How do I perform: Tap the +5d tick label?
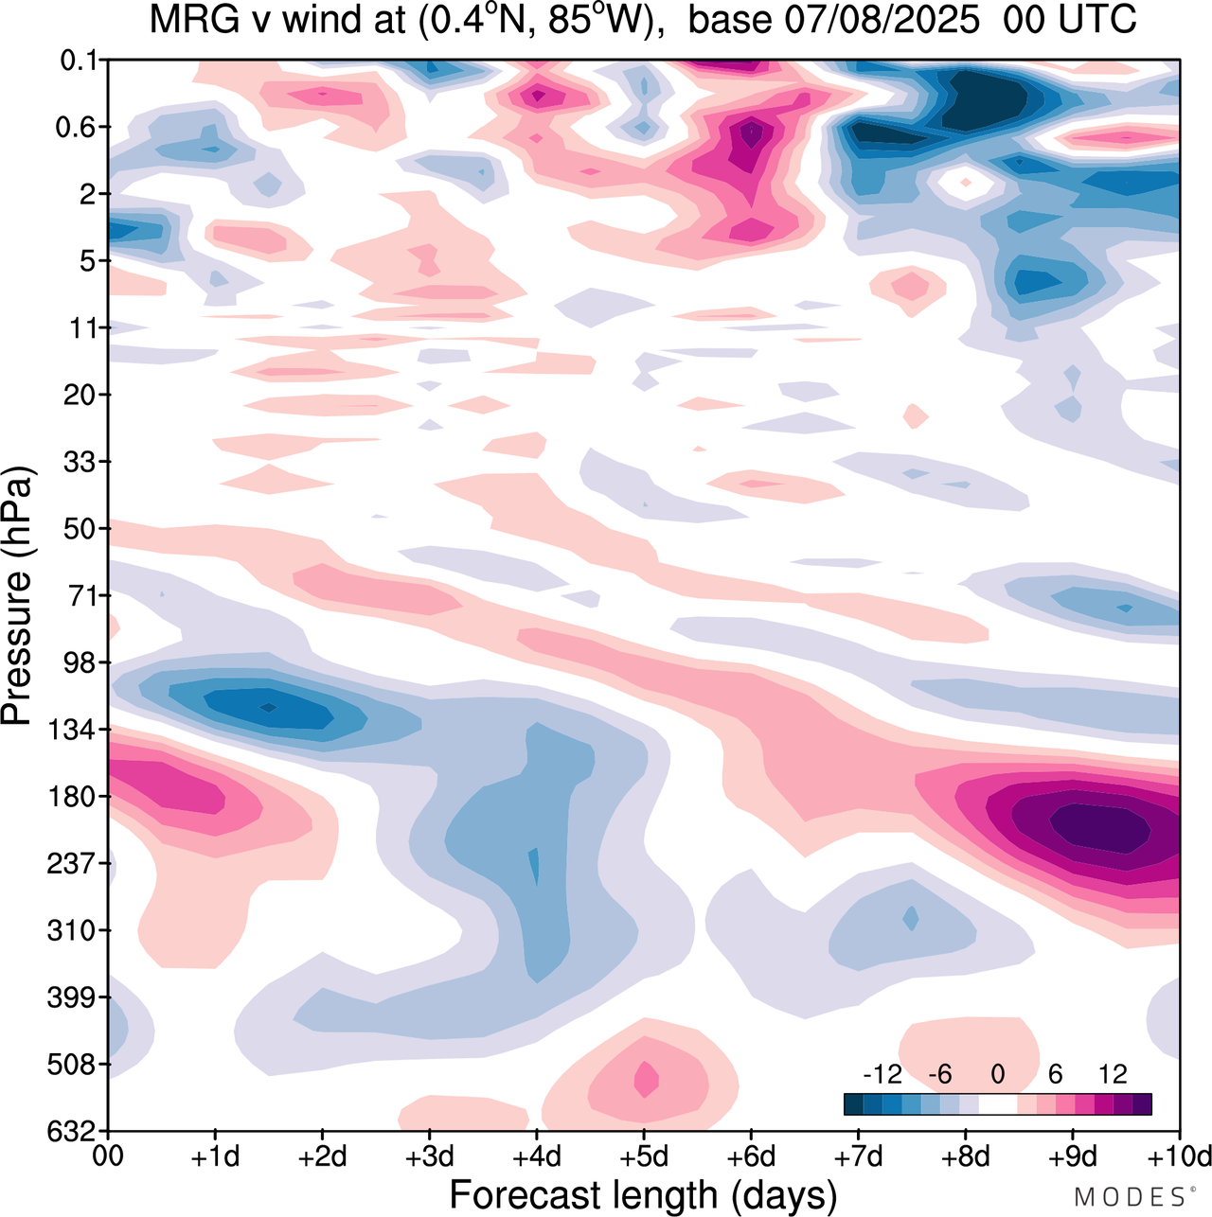point(644,1156)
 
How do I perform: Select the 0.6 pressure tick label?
point(80,127)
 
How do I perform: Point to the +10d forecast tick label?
point(1179,1156)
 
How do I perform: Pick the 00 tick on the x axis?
point(108,1156)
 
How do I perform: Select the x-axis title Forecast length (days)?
point(643,1194)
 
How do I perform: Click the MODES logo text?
point(1130,1197)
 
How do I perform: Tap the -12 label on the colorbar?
point(882,1074)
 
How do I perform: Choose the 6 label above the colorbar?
point(1055,1074)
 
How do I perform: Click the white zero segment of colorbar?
point(997,1103)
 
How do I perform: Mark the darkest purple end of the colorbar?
point(1142,1103)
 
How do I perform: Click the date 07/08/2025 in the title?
point(882,21)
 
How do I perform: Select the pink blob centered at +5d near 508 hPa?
point(646,1078)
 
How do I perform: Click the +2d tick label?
point(322,1156)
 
